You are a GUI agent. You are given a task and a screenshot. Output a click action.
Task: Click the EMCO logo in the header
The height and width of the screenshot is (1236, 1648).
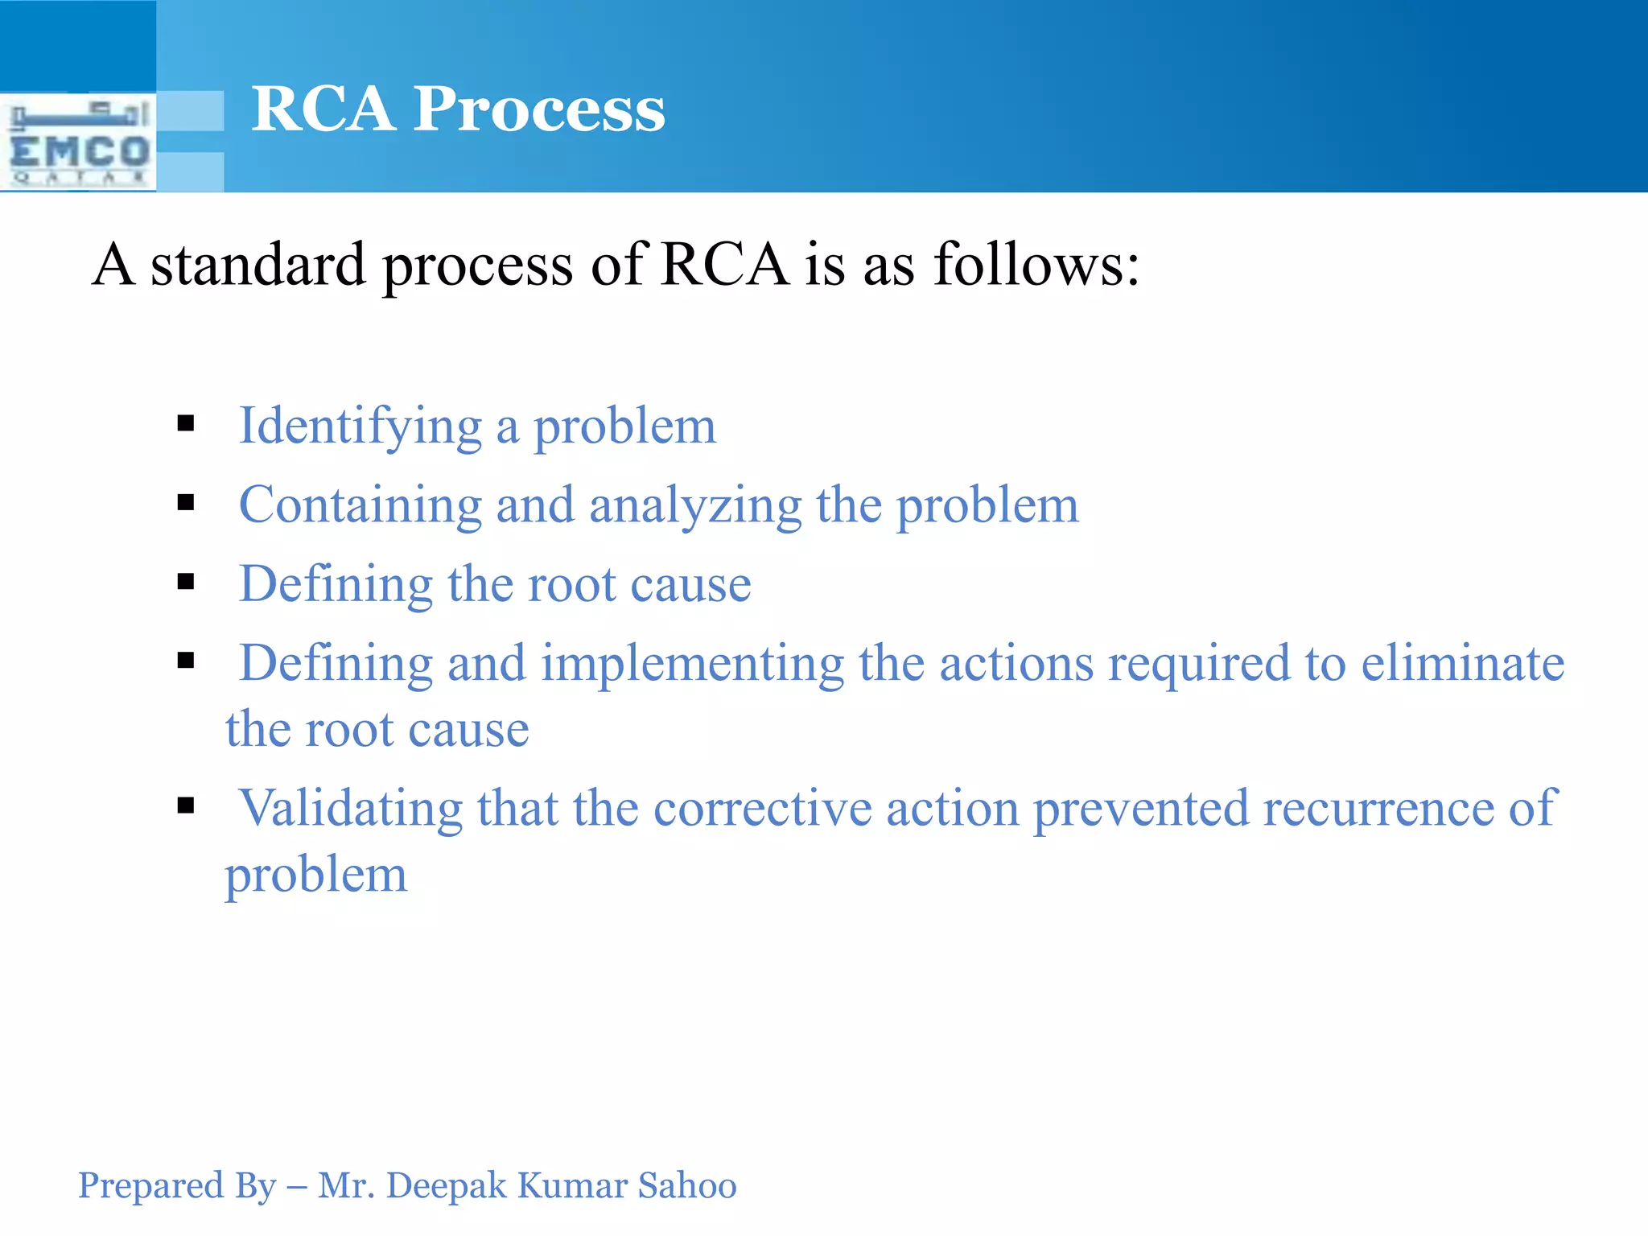(78, 142)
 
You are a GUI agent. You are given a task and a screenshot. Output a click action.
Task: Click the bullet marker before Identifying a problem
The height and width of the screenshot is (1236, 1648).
(186, 423)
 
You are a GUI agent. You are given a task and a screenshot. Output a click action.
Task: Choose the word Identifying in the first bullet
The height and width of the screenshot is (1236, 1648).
(360, 426)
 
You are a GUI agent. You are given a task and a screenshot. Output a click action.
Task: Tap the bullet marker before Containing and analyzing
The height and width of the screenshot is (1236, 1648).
(186, 503)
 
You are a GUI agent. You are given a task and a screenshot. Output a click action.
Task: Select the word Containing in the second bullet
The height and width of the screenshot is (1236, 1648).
(360, 505)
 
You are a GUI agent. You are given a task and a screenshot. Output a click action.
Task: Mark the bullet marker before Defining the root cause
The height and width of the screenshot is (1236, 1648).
(186, 582)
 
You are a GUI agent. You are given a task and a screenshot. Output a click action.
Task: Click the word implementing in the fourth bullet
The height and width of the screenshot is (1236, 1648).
(692, 665)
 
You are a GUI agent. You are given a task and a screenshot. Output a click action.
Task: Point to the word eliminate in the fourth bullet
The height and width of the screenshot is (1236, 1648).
(1462, 663)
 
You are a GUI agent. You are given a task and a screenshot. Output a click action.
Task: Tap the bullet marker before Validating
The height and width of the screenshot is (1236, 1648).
(186, 805)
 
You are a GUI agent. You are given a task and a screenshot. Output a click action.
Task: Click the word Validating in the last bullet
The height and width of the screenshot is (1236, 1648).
(350, 808)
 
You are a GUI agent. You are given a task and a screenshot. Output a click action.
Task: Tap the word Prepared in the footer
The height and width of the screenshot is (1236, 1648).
(139, 1186)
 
